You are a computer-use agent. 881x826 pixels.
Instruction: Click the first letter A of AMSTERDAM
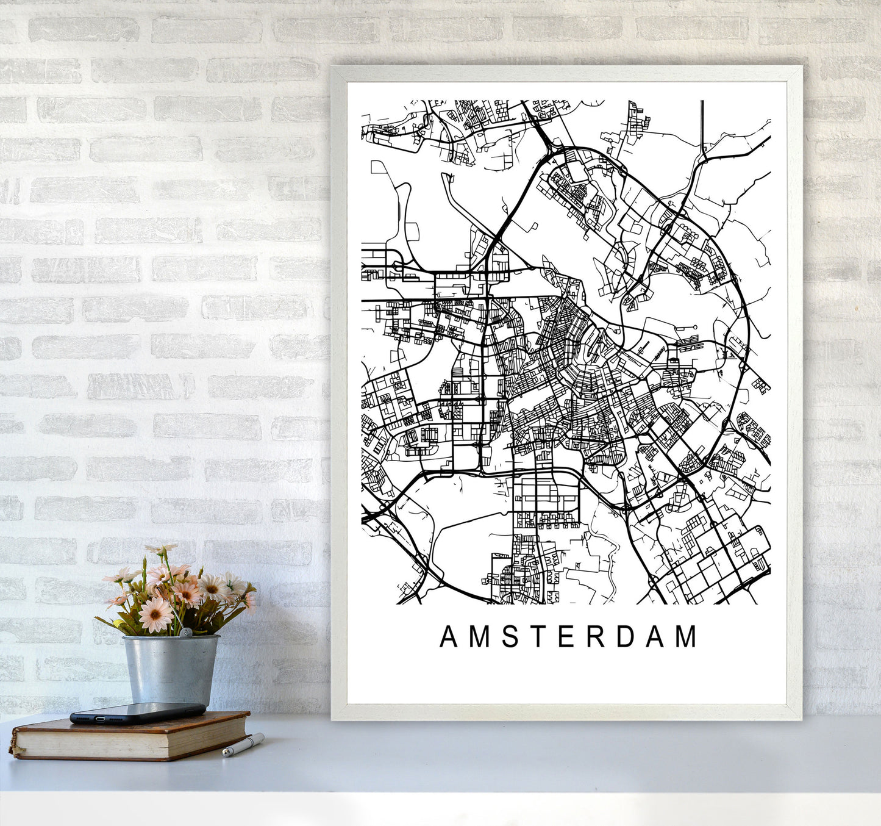tap(448, 637)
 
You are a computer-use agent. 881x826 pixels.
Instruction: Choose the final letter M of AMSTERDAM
tap(687, 637)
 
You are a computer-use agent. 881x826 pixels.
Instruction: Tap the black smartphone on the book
tap(138, 712)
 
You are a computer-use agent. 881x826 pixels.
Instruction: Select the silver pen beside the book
tap(243, 745)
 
